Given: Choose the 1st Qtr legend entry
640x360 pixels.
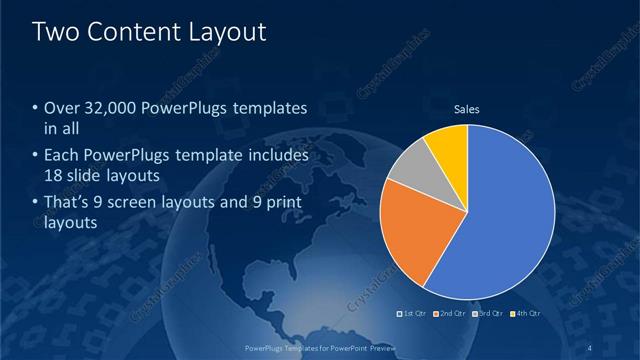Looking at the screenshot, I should [x=414, y=313].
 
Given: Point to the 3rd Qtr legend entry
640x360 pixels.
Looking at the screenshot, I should [x=489, y=313].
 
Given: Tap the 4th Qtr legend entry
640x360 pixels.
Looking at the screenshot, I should [x=526, y=313].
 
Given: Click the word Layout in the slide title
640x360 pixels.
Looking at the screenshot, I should [x=226, y=33].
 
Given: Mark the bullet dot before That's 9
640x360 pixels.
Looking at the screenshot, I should [x=36, y=205].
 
